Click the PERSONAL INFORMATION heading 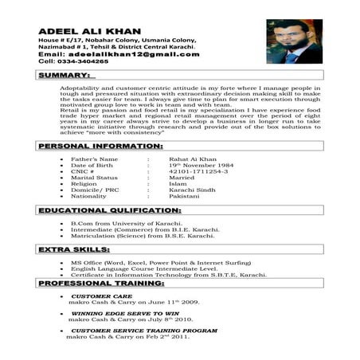[x=100, y=147]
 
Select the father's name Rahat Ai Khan [x=188, y=160]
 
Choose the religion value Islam [x=178, y=184]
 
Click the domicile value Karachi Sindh [x=191, y=190]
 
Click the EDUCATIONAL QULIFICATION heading [x=109, y=210]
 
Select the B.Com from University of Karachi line [x=129, y=224]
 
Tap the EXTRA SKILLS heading [x=74, y=250]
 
